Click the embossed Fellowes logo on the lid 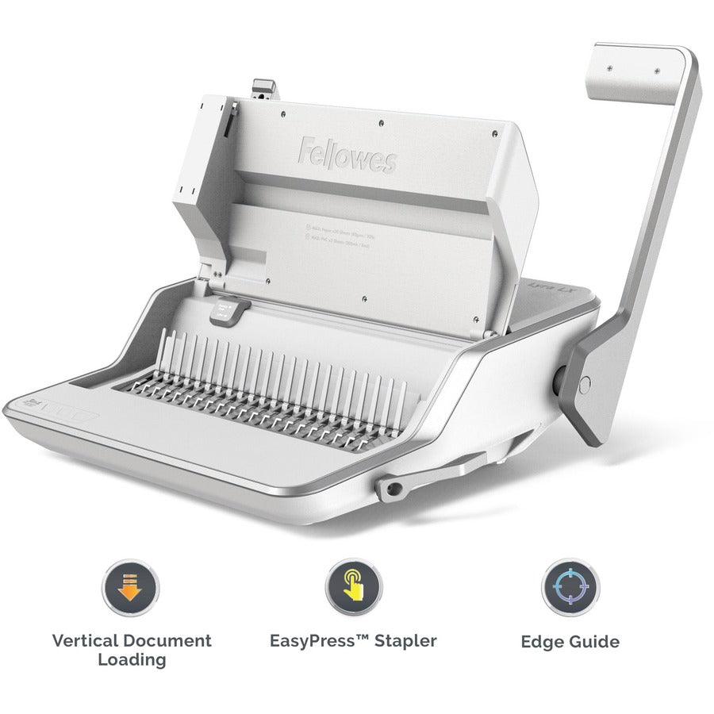pyautogui.click(x=347, y=154)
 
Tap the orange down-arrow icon pyautogui.click(x=131, y=587)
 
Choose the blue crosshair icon pyautogui.click(x=570, y=588)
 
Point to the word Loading pyautogui.click(x=132, y=659)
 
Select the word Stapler pyautogui.click(x=404, y=640)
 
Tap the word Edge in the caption pyautogui.click(x=541, y=642)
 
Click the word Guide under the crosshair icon pyautogui.click(x=593, y=642)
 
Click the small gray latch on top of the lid pyautogui.click(x=265, y=89)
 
